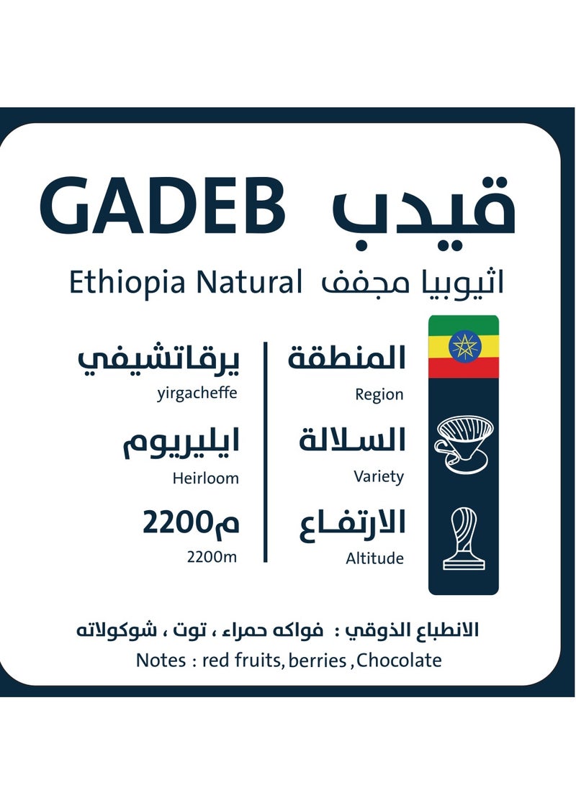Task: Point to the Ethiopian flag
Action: tap(464, 346)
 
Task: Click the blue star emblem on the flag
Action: tap(464, 346)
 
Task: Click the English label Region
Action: tap(379, 394)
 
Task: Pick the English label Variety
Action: tap(379, 476)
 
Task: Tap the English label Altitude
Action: tap(374, 558)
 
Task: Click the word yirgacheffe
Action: tap(196, 394)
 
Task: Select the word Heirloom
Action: tap(205, 477)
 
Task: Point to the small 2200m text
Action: tap(212, 555)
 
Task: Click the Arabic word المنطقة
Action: tap(347, 358)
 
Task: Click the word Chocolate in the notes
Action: tap(399, 660)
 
